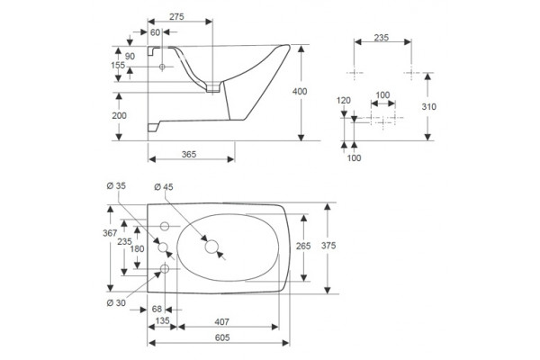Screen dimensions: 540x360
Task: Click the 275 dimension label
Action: [x=176, y=16]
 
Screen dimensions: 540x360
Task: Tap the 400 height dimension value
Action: [x=300, y=91]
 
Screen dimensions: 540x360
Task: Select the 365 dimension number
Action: [x=189, y=154]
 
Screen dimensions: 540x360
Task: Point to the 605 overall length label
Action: [x=222, y=337]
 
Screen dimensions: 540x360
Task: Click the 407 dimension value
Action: [x=221, y=322]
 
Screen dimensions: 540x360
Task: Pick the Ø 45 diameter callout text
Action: [x=164, y=187]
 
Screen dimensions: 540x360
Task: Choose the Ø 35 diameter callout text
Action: [x=116, y=186]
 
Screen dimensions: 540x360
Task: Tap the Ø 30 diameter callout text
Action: [x=116, y=303]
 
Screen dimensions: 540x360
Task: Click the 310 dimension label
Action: [x=428, y=107]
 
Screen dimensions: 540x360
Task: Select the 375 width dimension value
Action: [x=328, y=246]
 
